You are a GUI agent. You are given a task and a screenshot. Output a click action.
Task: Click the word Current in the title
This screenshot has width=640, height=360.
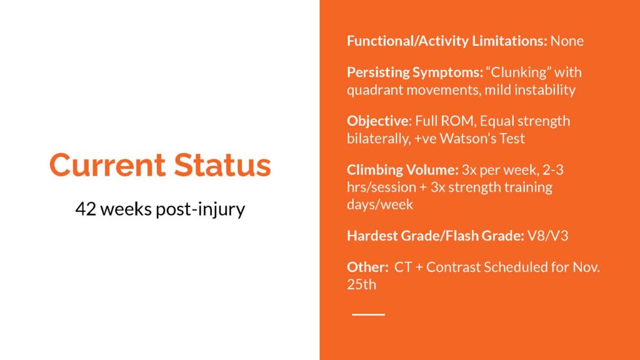[x=107, y=165]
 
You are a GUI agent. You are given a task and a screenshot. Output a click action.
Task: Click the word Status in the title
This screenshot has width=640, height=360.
[x=222, y=165]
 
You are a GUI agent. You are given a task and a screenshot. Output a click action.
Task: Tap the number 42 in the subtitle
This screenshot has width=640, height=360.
[x=86, y=209]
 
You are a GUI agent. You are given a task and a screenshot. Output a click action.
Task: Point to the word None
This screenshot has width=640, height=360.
[x=567, y=41]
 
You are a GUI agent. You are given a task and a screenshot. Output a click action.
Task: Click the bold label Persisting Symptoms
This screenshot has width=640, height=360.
[x=415, y=72]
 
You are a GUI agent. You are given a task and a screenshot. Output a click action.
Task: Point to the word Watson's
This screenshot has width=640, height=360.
[x=468, y=138]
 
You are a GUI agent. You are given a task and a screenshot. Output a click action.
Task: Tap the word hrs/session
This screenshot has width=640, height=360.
[x=381, y=187]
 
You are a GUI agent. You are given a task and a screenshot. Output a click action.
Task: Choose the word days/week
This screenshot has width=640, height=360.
[x=380, y=204]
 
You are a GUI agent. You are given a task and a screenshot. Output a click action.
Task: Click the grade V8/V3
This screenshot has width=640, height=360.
[x=547, y=236]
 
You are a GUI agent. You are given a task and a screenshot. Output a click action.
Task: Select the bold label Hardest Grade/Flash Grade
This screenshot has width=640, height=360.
[x=436, y=236]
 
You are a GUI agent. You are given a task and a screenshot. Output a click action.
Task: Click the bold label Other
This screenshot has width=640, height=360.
[x=367, y=267]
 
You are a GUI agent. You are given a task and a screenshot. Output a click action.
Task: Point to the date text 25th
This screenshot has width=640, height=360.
[x=362, y=284]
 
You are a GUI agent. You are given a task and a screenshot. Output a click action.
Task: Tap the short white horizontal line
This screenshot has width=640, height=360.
[x=368, y=314]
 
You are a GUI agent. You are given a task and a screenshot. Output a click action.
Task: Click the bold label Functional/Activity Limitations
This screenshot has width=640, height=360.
[x=447, y=41]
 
